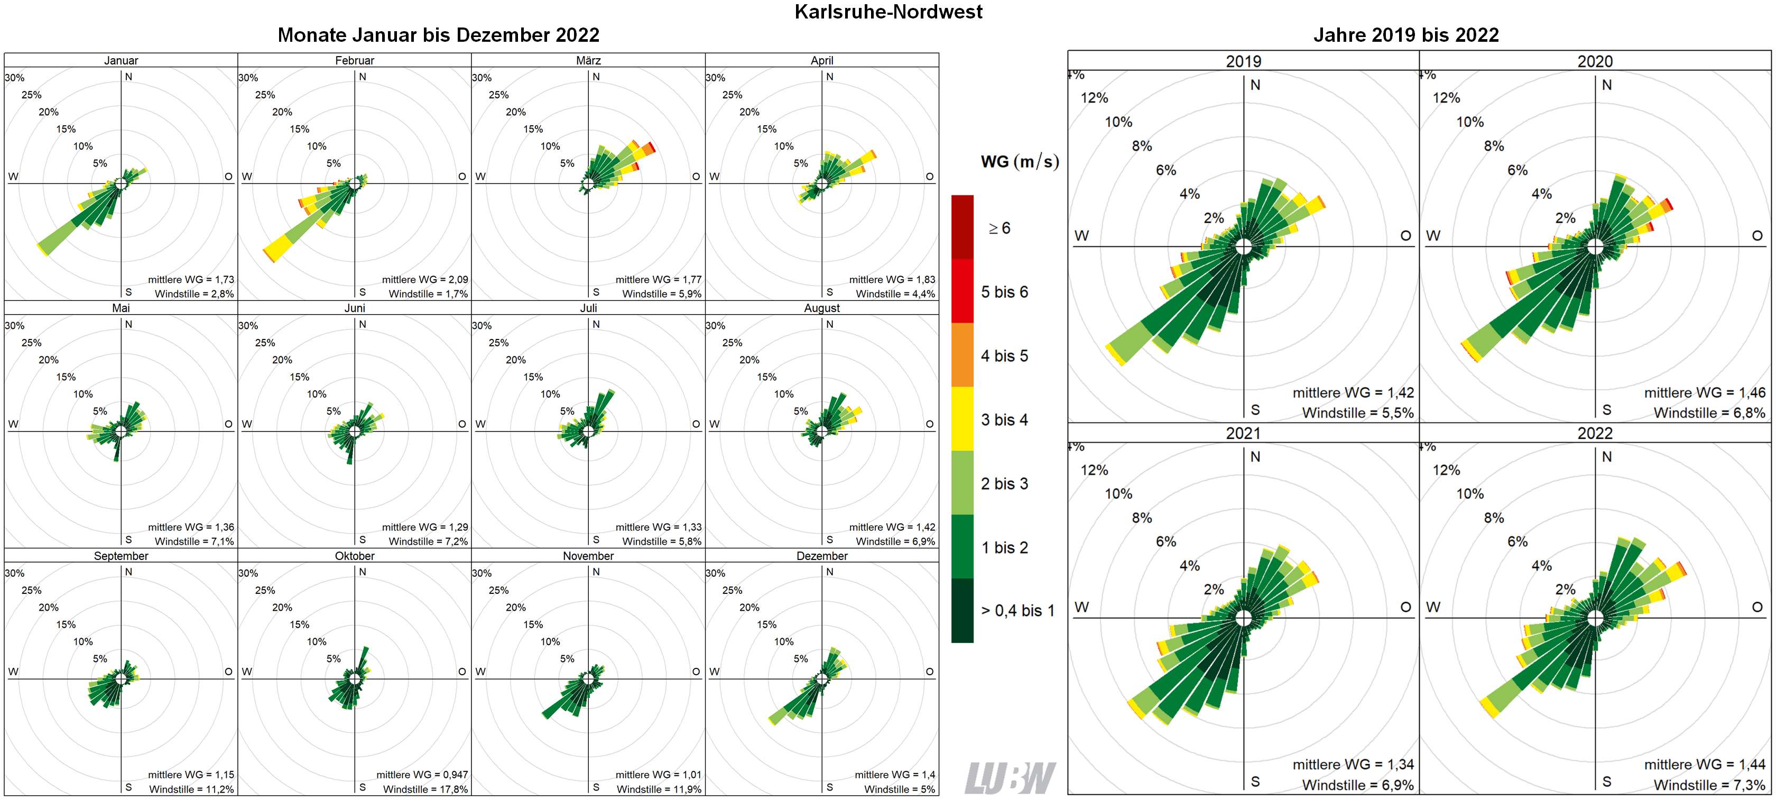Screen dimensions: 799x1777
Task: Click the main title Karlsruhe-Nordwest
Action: [888, 12]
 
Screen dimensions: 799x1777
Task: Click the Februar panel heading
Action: [354, 60]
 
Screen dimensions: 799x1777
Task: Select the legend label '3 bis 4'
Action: [1004, 419]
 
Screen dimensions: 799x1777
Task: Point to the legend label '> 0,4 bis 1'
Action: [1017, 611]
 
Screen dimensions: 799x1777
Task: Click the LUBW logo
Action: [1008, 778]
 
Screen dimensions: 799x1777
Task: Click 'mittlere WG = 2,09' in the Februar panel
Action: [424, 279]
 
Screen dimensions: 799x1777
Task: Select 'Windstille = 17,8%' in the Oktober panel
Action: [425, 788]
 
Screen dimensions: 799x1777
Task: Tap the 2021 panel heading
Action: [1243, 433]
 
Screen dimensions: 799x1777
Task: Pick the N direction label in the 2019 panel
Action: [1255, 85]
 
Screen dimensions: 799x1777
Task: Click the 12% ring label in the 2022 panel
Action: [1446, 470]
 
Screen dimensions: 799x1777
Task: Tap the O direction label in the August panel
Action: [929, 424]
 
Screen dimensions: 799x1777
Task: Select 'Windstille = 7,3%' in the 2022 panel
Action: [1709, 785]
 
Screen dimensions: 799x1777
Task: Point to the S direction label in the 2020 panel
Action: [1607, 410]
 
